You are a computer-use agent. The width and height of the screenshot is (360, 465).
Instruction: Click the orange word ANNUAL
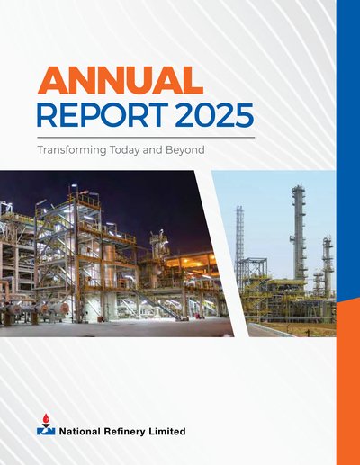coord(121,81)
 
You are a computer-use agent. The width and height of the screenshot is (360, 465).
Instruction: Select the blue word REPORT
coord(103,114)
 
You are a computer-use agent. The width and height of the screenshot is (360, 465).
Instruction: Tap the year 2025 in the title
coord(214,114)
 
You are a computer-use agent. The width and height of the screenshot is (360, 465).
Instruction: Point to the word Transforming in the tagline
coord(72,150)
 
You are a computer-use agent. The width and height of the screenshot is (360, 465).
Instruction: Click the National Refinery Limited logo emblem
coord(46,425)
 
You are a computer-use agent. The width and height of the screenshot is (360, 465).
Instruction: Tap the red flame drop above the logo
coord(46,418)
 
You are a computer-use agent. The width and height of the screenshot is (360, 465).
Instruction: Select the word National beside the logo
coord(80,432)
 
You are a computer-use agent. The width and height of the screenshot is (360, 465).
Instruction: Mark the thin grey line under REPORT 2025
coord(146,138)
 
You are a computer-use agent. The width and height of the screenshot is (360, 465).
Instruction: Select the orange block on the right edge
coord(348,383)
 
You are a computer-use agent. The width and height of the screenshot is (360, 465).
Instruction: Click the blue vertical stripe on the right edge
coord(348,150)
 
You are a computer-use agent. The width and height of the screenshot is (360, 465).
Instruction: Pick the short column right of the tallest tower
coord(328,264)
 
